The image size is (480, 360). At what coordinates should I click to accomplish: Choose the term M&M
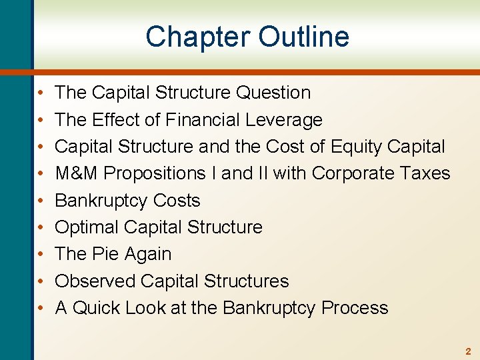click(x=77, y=173)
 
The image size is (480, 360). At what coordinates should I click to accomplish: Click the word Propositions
click(x=152, y=173)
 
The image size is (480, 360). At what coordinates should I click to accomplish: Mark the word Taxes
click(x=426, y=173)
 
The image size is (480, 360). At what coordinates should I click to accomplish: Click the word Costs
click(x=177, y=201)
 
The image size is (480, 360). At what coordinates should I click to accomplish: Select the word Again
click(x=148, y=254)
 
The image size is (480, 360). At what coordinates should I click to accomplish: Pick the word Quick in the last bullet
click(x=96, y=308)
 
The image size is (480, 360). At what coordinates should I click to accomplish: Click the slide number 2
click(x=467, y=351)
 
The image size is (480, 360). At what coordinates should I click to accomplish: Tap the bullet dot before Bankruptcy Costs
click(x=41, y=201)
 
